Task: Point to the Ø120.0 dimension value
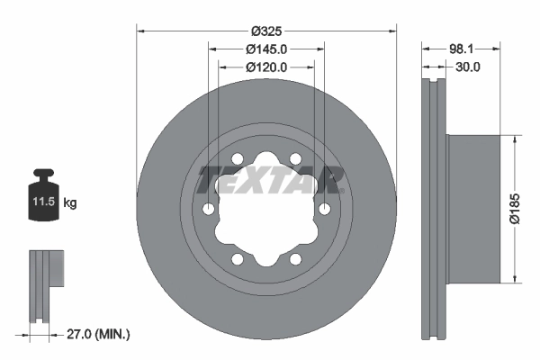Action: [x=266, y=67]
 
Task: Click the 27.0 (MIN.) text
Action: [x=99, y=334]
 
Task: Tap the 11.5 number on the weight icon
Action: [x=44, y=202]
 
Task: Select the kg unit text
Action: [x=70, y=203]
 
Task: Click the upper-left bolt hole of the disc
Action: [x=238, y=159]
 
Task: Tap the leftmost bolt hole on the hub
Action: [x=209, y=210]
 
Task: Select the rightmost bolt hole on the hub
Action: [x=324, y=210]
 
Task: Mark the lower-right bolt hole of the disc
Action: [x=295, y=259]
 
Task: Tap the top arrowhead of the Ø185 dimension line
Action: [x=515, y=140]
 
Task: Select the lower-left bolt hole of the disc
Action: [x=238, y=259]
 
